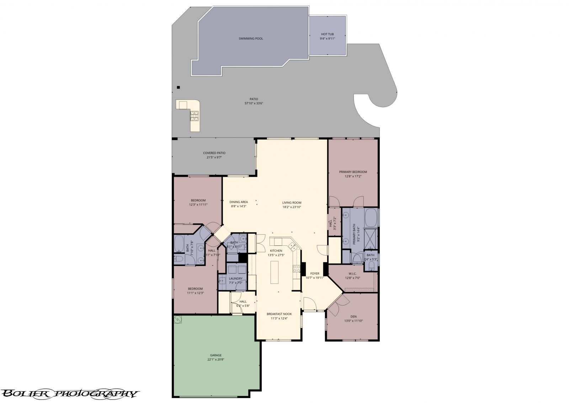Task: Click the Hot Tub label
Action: [327, 34]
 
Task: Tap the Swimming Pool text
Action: [251, 38]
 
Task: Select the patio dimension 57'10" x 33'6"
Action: [254, 104]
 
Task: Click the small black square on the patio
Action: [179, 87]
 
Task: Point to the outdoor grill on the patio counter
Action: [195, 115]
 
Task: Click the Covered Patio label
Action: [214, 153]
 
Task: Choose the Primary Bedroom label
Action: [353, 172]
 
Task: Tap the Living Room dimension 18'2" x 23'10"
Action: [292, 207]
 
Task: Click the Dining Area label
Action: [239, 202]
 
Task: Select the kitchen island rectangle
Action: [274, 272]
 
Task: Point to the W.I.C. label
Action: [352, 274]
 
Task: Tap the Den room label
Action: [353, 316]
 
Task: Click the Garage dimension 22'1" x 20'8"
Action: [216, 360]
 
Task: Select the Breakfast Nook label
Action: [279, 314]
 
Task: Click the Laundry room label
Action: [235, 279]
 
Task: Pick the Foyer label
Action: [315, 274]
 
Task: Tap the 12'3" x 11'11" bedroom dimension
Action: [198, 205]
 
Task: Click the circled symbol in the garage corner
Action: [177, 320]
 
